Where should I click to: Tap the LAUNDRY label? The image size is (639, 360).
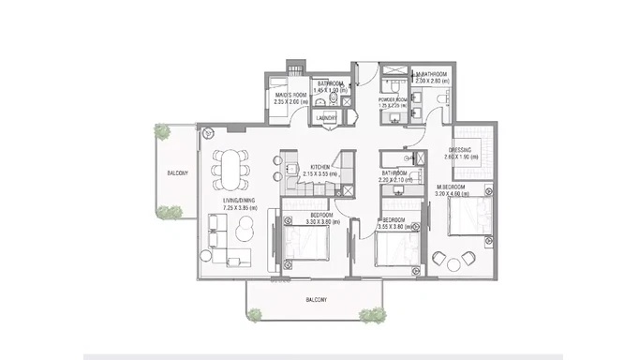coord(328,118)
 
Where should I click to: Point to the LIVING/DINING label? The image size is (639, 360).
coord(240,200)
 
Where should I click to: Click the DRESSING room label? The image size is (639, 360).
coord(460,150)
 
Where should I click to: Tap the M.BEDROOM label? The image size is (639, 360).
coord(455,188)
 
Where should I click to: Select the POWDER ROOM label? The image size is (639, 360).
coord(393,99)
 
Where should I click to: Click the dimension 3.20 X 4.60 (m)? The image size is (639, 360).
coord(455,196)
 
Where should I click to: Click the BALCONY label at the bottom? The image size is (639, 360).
coord(315,300)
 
